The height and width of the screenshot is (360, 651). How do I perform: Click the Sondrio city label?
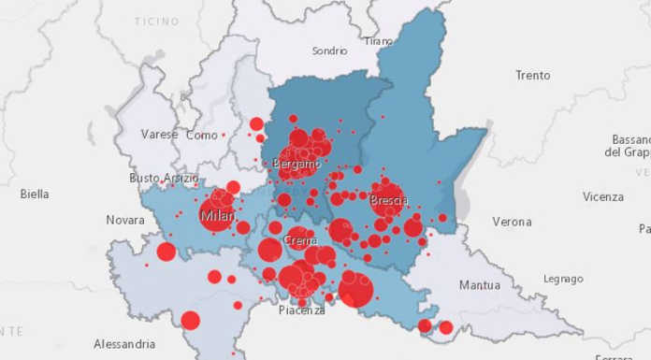329,50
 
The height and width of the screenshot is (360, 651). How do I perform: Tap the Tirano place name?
378,41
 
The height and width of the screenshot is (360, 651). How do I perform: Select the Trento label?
532,75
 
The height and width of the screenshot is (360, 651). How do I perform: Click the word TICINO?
156,21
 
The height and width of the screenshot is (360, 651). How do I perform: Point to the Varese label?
159,135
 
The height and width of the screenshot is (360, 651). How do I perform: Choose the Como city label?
202,135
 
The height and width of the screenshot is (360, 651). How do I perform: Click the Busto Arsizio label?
164,178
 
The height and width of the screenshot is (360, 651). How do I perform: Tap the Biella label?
35,194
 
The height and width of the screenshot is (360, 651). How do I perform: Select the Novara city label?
125,220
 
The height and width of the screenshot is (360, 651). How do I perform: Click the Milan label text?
218,217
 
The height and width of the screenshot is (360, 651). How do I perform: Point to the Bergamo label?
297,165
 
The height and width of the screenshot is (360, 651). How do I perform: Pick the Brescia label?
388,200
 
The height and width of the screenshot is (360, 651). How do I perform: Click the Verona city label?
512,222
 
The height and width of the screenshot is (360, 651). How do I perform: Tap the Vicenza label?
602,196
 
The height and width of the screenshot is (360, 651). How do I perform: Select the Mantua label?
480,284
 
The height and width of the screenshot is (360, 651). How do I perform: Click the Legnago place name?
562,278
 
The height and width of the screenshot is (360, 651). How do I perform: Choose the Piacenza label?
302,310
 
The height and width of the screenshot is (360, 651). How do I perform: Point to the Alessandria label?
124,343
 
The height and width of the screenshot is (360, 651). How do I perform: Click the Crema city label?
299,239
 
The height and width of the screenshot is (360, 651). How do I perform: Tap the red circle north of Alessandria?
190,321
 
